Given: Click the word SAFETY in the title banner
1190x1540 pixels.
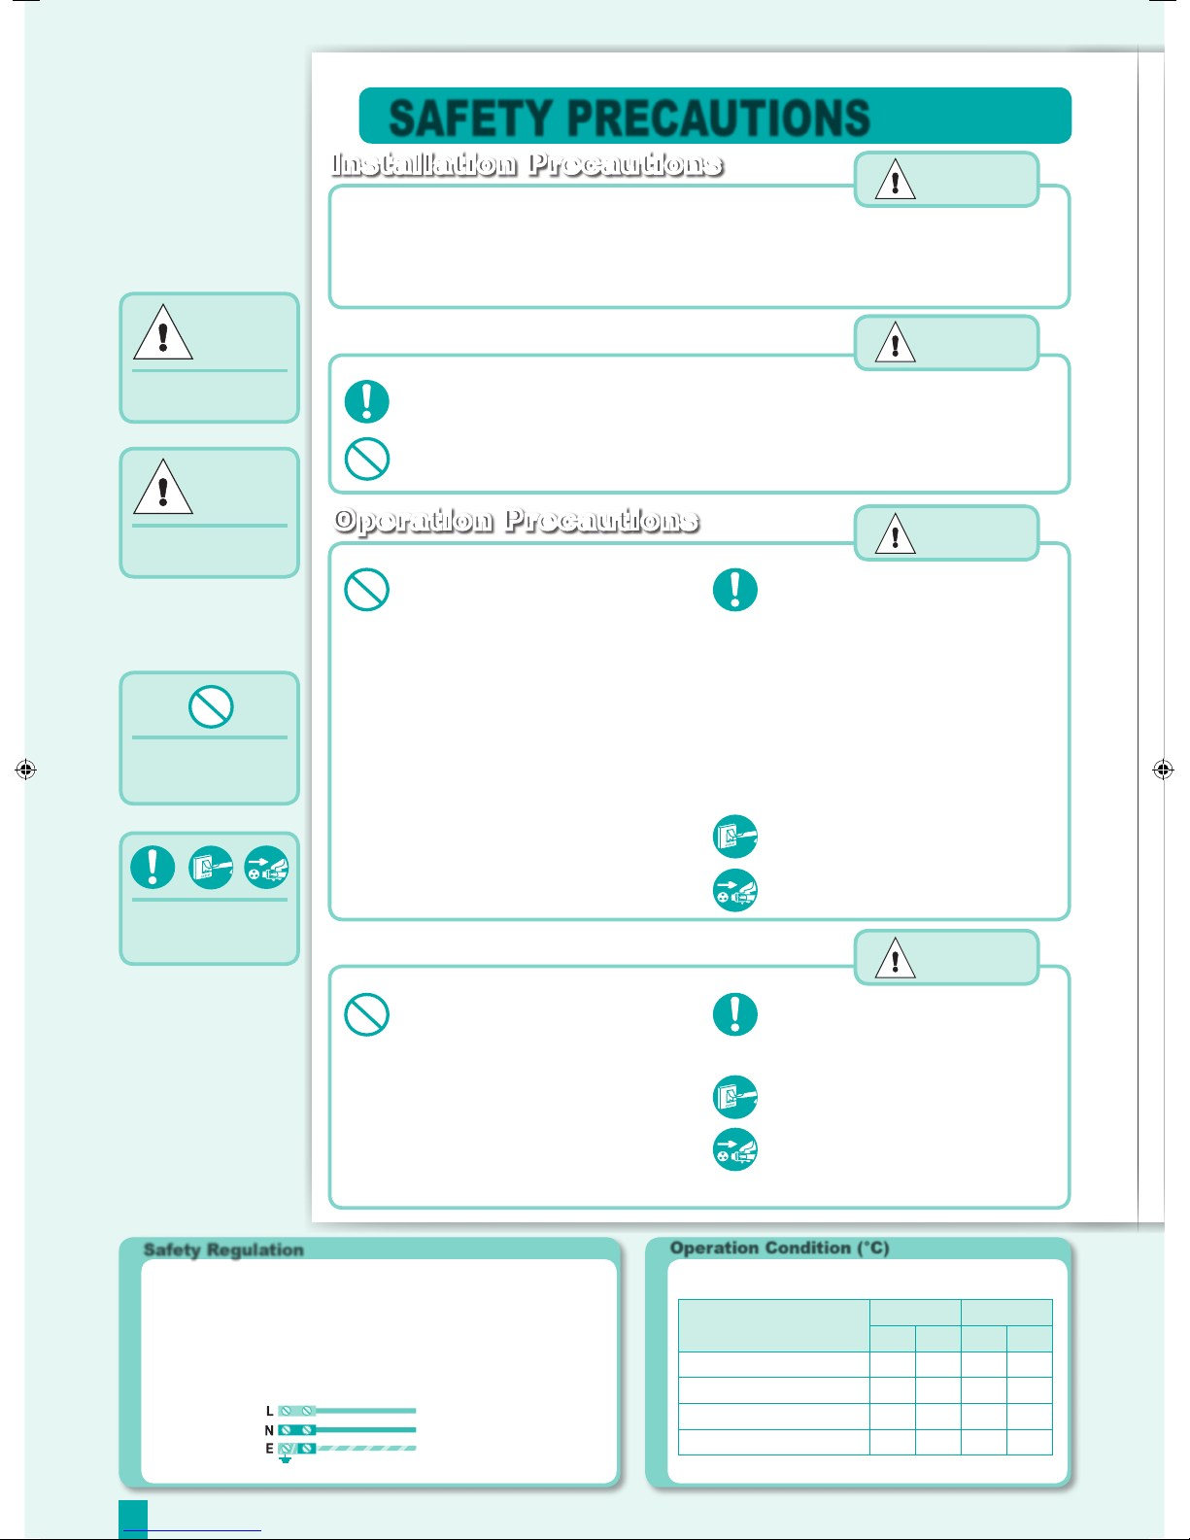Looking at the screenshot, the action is point(470,118).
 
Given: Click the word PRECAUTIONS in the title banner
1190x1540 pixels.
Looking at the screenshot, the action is point(718,118).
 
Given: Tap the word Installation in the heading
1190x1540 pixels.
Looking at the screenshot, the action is point(425,164).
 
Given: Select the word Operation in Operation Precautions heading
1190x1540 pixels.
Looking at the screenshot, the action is point(414,521).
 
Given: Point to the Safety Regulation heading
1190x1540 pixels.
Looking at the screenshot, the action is point(223,1249).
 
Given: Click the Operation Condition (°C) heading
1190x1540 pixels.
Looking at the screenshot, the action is point(779,1248).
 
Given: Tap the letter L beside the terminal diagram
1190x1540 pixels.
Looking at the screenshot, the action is point(269,1411).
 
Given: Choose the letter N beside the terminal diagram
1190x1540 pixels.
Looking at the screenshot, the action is point(269,1430).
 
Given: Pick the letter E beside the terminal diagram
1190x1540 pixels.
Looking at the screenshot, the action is point(269,1449).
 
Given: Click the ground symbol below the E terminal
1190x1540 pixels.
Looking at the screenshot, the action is point(285,1459).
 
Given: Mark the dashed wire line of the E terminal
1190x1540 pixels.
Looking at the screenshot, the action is point(366,1448).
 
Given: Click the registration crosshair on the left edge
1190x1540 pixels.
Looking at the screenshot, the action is point(25,769).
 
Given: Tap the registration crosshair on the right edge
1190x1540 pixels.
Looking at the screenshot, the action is point(1163,769).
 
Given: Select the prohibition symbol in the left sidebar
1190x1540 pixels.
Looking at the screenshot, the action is point(211,706).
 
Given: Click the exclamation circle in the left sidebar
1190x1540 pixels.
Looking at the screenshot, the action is point(153,867).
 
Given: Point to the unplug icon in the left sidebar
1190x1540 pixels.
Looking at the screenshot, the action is point(266,867).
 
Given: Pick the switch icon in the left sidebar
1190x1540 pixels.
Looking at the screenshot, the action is point(211,867).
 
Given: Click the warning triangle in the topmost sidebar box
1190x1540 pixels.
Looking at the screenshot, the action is point(163,333).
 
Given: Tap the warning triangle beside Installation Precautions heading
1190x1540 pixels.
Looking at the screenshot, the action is point(896,180).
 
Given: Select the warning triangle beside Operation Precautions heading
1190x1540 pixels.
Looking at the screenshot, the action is point(896,534).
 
